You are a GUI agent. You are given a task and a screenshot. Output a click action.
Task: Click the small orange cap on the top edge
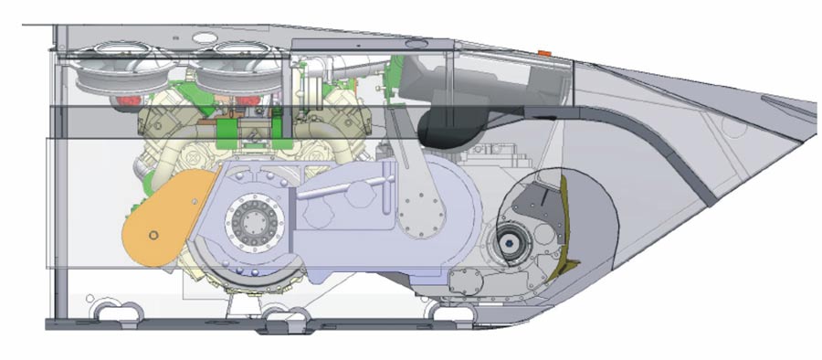click(545, 54)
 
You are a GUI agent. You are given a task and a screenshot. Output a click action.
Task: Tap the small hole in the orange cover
click(154, 236)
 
